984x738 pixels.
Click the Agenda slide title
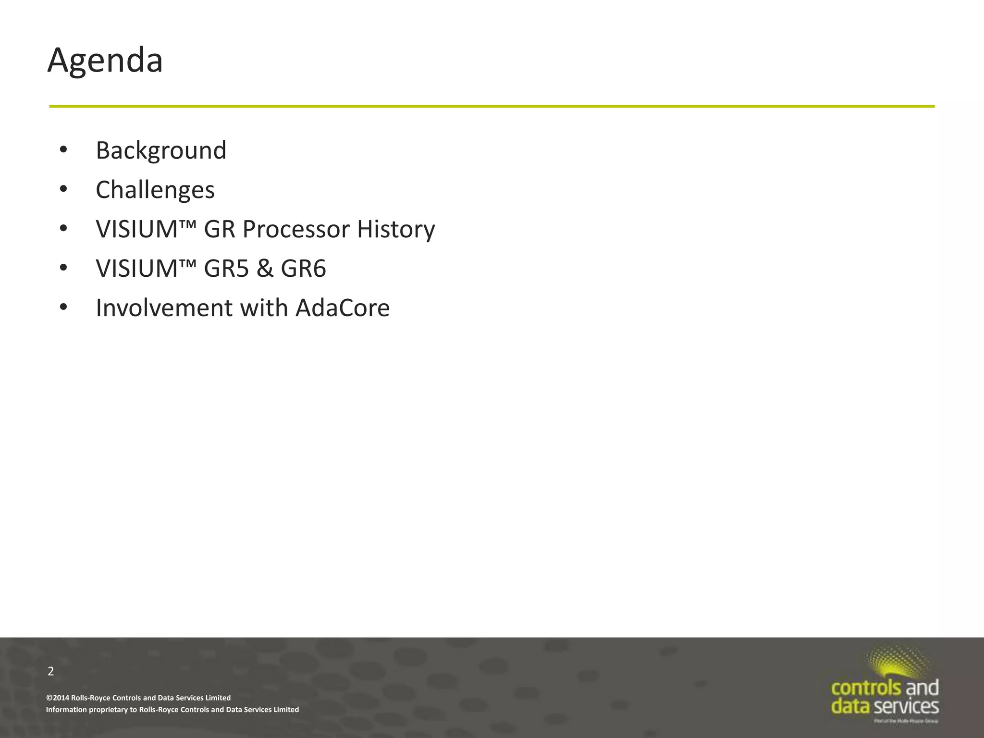[105, 61]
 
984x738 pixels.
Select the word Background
[161, 150]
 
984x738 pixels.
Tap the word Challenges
[155, 190]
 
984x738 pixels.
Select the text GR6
[303, 268]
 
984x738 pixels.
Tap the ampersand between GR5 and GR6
[265, 268]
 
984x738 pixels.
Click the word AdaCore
[342, 308]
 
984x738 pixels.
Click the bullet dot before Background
[63, 150]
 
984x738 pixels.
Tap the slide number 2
[51, 671]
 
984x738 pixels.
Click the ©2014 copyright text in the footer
[138, 698]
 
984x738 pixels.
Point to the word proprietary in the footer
[108, 710]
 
